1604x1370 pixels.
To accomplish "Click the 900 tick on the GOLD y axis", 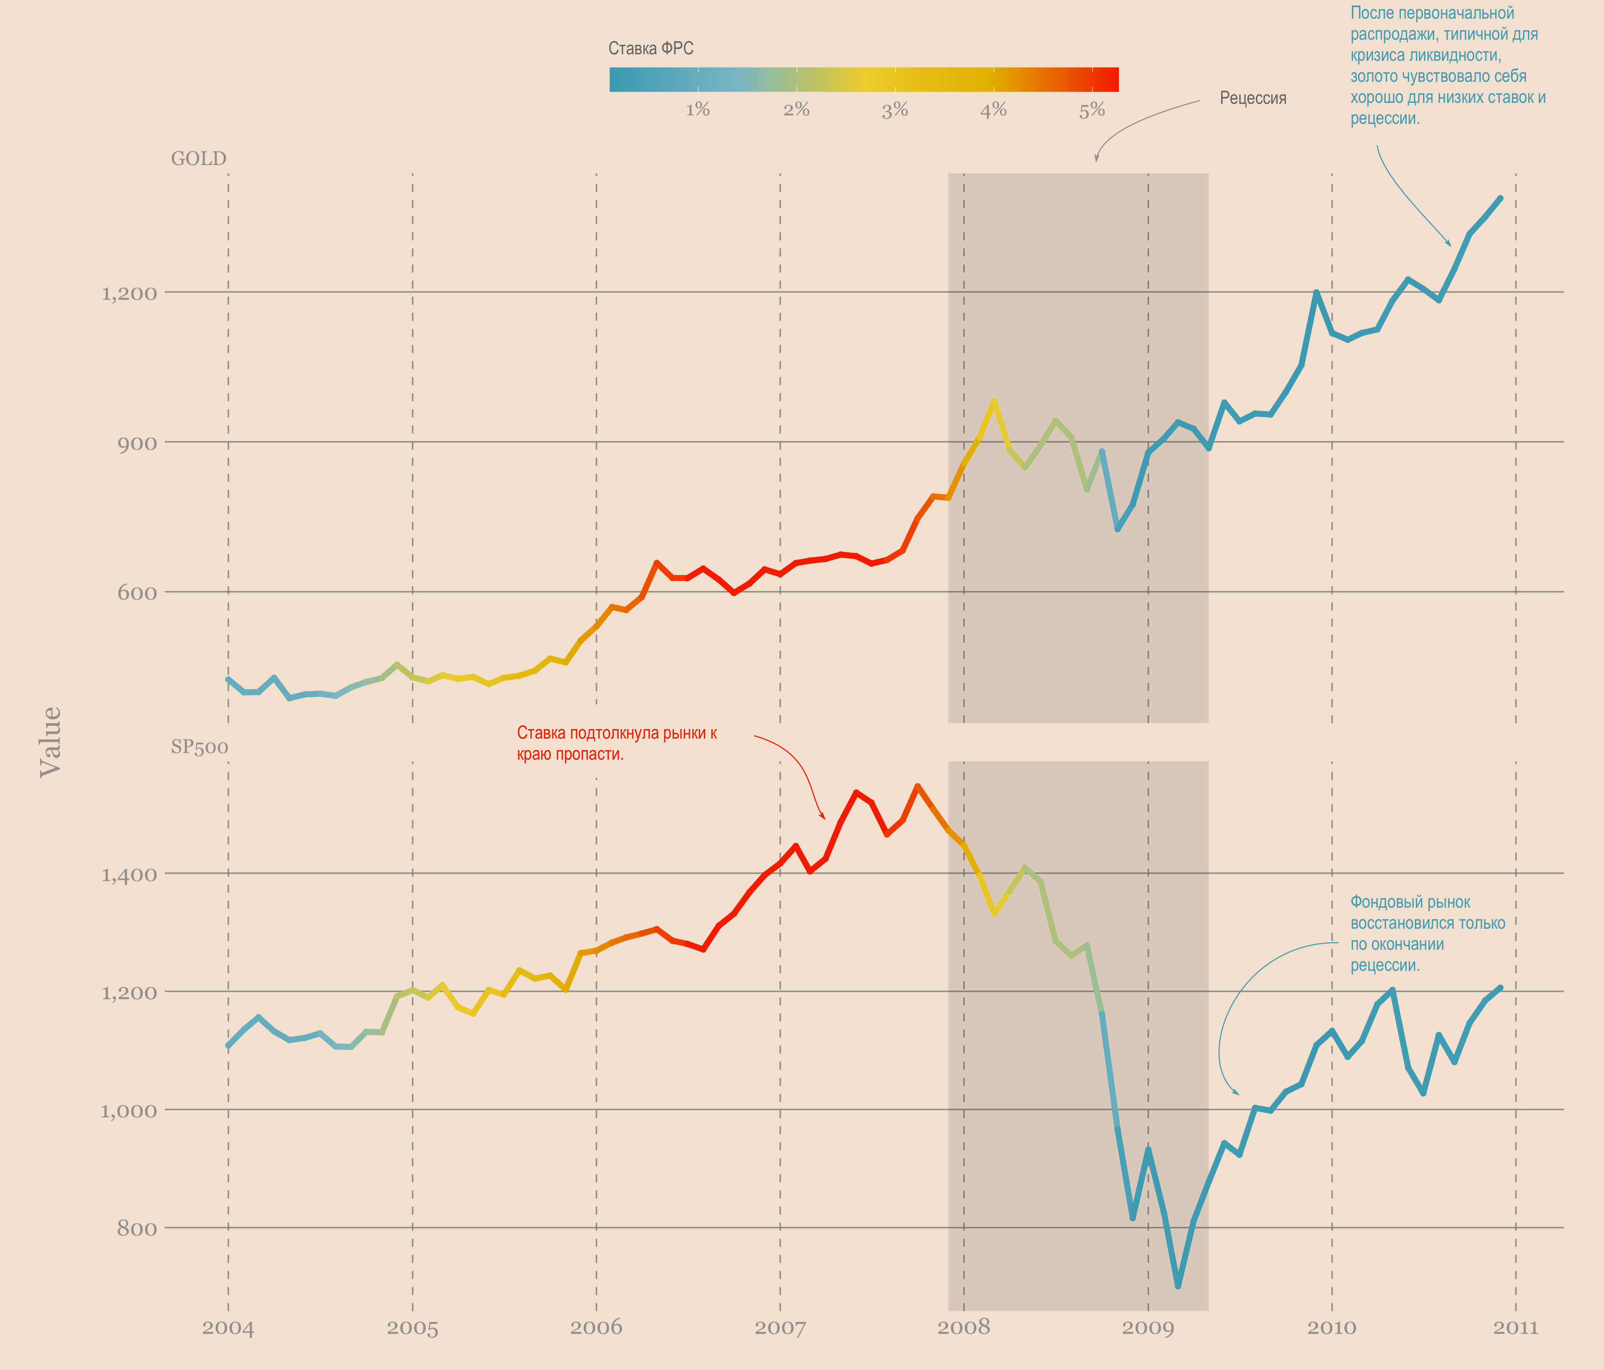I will (x=137, y=444).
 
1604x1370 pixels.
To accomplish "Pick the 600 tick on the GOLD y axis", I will (x=137, y=593).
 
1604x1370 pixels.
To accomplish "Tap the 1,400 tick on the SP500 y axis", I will (x=128, y=875).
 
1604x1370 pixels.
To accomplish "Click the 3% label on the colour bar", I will (x=895, y=110).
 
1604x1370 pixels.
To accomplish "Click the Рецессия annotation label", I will (x=1253, y=98).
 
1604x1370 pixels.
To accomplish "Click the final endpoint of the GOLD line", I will (x=1500, y=198).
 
